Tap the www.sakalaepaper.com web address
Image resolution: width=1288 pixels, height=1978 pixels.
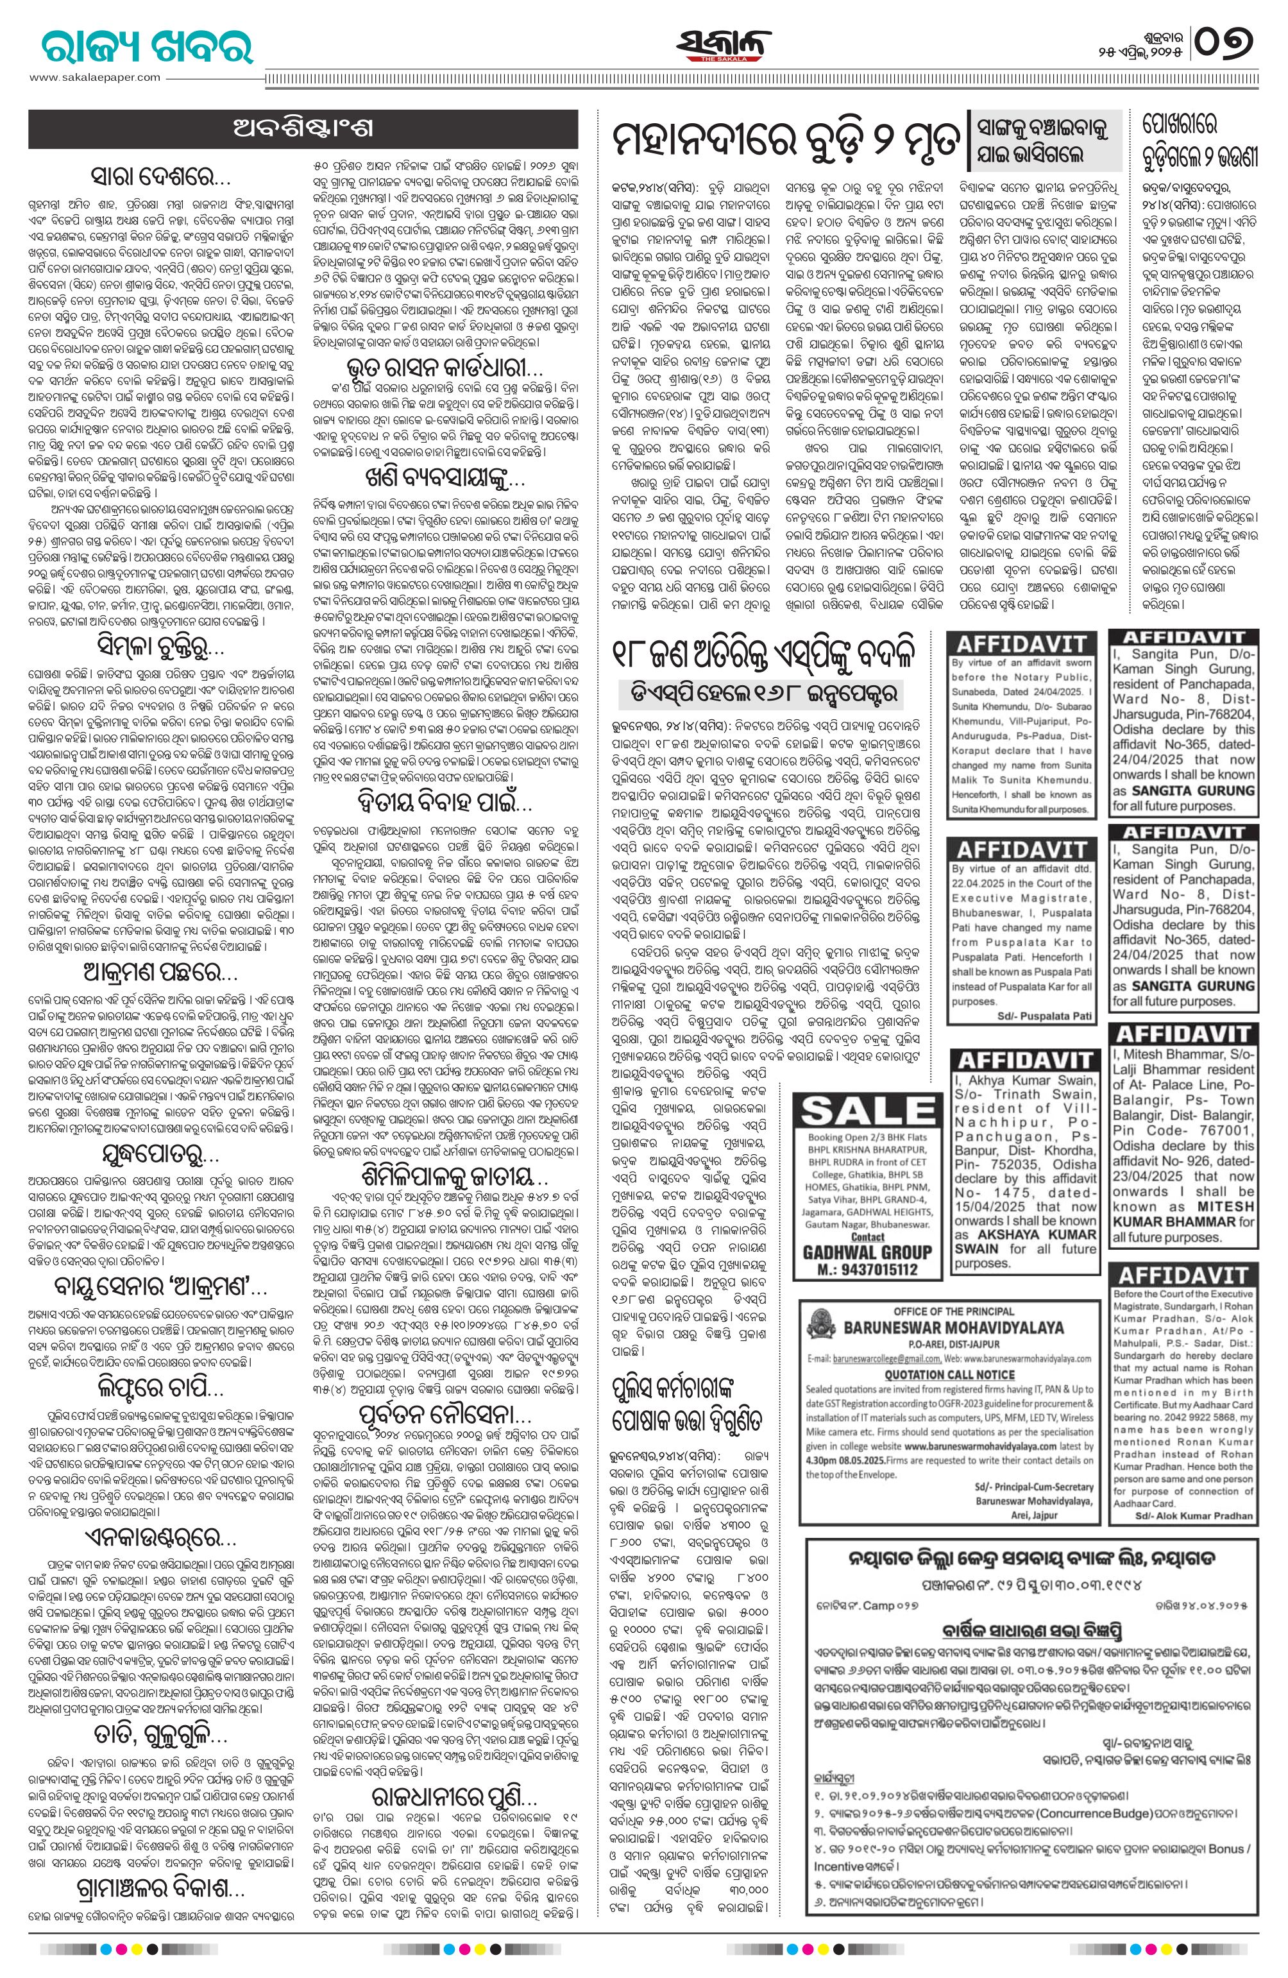point(96,77)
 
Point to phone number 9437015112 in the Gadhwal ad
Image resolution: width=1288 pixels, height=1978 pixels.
point(856,1269)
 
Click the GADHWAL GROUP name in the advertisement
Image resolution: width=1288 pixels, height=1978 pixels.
point(856,1252)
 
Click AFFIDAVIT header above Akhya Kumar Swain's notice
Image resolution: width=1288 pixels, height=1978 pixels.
point(1024,1060)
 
